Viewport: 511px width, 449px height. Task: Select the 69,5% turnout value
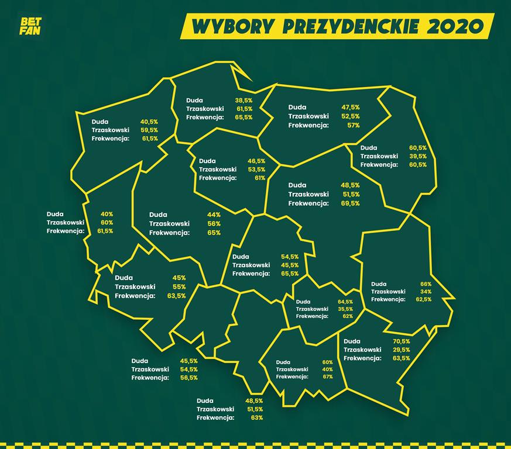click(350, 203)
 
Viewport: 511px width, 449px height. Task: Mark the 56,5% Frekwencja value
click(188, 378)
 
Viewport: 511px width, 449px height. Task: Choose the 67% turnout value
click(327, 377)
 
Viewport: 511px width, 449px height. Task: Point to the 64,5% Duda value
click(345, 301)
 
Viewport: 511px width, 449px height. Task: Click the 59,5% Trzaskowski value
click(149, 130)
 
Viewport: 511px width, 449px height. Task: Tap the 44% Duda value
click(214, 215)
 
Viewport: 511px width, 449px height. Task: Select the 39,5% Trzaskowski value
click(418, 156)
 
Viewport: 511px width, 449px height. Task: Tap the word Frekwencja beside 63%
click(216, 417)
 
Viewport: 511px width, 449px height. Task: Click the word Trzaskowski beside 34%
click(388, 291)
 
